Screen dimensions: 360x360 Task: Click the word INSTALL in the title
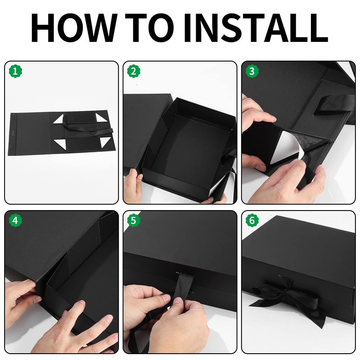[255, 28]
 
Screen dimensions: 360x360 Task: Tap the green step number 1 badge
[15, 72]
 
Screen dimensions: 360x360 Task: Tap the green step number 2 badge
[134, 72]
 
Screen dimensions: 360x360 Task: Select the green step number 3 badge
[252, 72]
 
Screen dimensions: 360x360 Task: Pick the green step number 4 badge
[15, 220]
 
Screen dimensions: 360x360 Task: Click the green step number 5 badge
[134, 220]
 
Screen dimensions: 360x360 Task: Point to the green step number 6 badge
[252, 220]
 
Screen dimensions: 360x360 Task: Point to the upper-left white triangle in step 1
[58, 119]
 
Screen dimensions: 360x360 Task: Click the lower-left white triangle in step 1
[60, 145]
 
